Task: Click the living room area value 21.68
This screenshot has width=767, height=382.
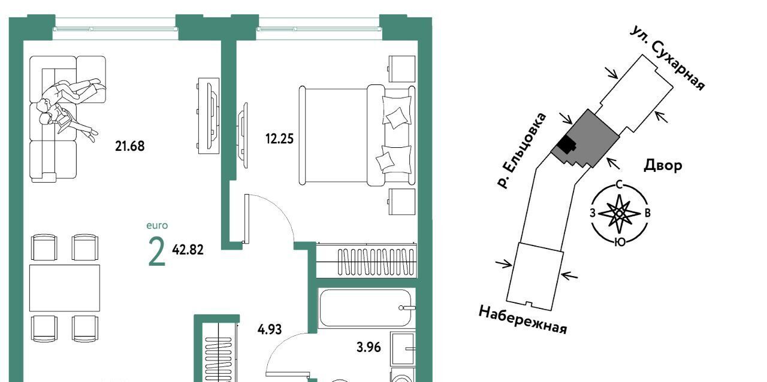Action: (x=130, y=146)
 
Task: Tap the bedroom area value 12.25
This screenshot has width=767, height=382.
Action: (x=279, y=139)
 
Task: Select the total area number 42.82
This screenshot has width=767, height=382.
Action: (x=188, y=250)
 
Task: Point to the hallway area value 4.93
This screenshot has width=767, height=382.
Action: (x=270, y=329)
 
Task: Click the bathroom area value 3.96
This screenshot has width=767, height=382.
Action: (x=369, y=347)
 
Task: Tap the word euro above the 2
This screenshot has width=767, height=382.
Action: (x=157, y=226)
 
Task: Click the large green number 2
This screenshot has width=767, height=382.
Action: (x=157, y=252)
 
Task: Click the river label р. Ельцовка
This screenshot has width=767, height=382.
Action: (x=522, y=150)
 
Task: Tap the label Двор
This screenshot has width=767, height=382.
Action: (x=663, y=165)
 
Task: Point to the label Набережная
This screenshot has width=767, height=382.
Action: (x=523, y=320)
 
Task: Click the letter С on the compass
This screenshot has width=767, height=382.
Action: (x=619, y=185)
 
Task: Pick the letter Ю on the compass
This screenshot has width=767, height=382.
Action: (x=620, y=242)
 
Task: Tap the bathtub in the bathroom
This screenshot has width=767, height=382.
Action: (x=365, y=308)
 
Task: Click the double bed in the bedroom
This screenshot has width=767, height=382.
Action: (x=357, y=135)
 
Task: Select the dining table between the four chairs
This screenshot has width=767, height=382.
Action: (x=65, y=288)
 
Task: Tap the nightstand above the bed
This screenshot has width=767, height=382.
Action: (x=401, y=69)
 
